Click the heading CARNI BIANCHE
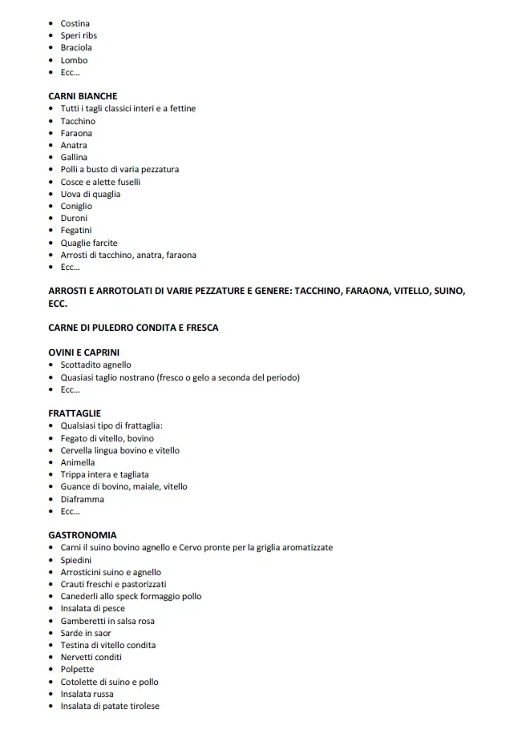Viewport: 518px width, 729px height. coord(83,96)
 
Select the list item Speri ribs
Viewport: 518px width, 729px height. coord(79,35)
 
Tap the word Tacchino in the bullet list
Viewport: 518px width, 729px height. coord(78,121)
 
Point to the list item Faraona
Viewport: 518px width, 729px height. coord(76,133)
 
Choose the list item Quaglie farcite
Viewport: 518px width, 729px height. coord(89,243)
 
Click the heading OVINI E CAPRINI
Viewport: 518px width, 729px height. coord(90,352)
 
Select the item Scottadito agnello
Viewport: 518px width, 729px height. coord(96,364)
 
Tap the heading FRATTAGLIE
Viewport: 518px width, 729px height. coord(75,413)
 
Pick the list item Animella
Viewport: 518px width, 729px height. coord(78,462)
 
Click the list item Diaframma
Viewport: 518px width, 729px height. coord(83,499)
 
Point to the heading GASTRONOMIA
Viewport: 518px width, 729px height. coord(83,535)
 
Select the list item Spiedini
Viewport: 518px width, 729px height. coord(76,560)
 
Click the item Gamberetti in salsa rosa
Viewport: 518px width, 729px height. coord(107,621)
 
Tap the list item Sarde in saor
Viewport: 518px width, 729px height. coord(86,633)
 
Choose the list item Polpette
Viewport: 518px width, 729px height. coord(77,670)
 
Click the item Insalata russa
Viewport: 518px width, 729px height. coord(87,694)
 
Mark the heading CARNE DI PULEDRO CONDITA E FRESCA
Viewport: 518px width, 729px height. coord(133,328)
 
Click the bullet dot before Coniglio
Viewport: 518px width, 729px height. coord(52,206)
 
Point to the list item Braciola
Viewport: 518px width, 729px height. coord(76,47)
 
